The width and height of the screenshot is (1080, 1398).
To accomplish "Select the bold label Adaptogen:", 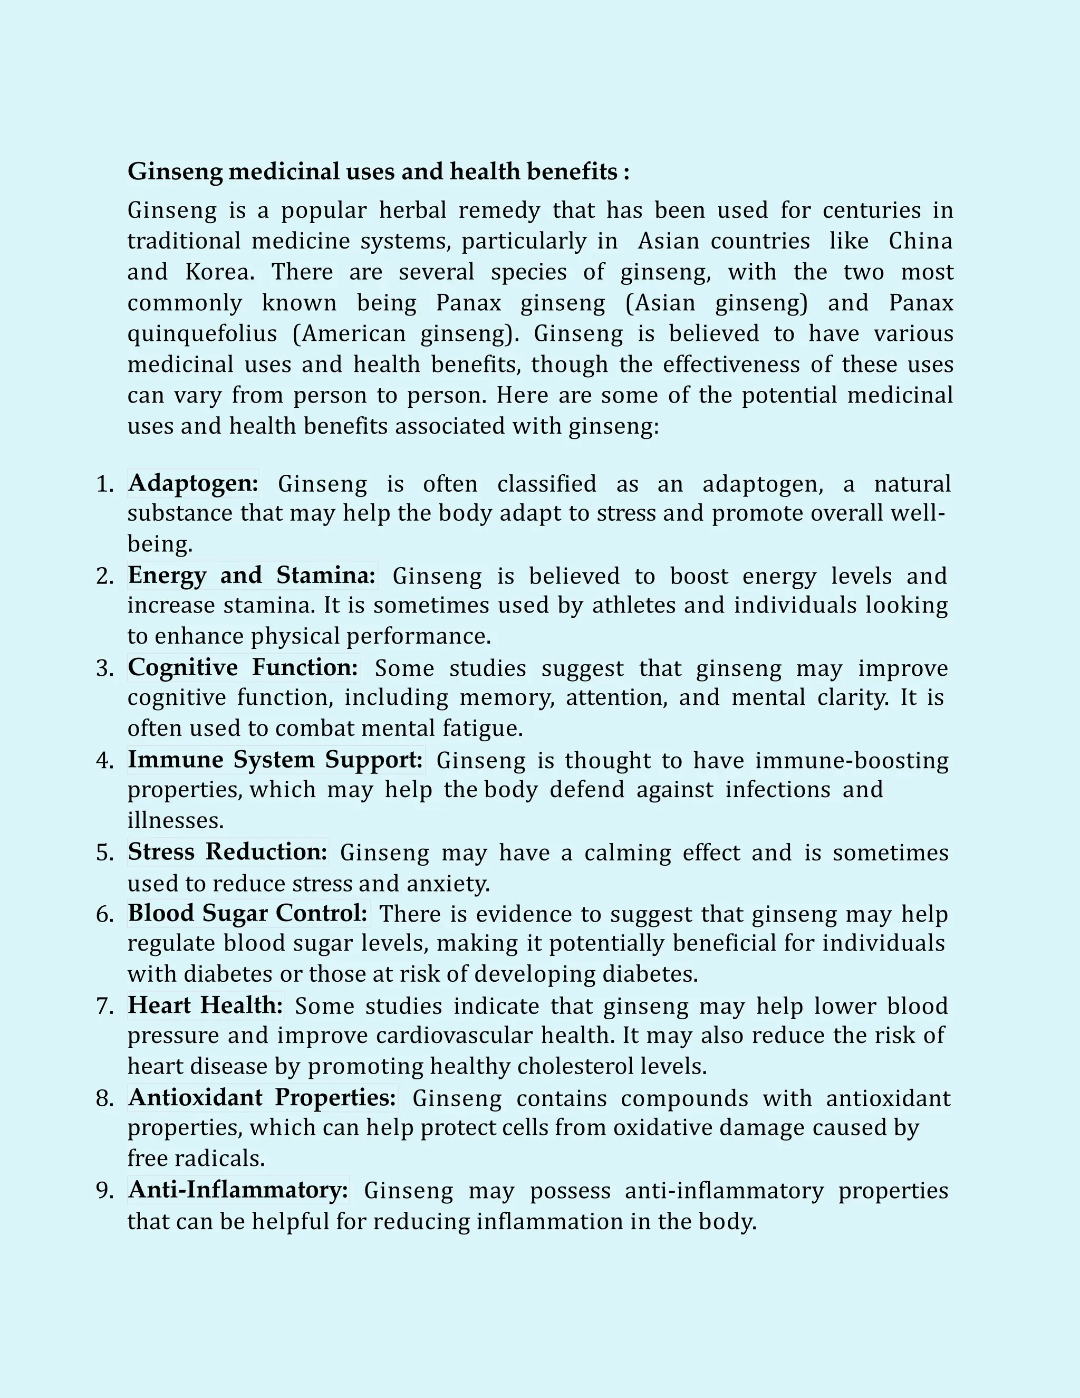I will (193, 483).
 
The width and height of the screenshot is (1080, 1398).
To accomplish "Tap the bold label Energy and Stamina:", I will (252, 576).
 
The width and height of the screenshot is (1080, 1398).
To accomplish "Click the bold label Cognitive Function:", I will (243, 668).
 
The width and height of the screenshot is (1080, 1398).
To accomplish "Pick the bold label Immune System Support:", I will (275, 760).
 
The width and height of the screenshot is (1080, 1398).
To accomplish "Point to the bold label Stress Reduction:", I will (227, 852).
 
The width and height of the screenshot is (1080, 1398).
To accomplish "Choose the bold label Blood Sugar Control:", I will (248, 913).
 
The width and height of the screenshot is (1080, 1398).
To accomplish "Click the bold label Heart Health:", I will (205, 1006).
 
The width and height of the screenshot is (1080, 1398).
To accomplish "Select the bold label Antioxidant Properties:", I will (262, 1098).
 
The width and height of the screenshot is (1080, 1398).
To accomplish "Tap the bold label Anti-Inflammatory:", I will (238, 1190).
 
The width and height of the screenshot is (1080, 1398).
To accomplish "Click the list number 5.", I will (104, 853).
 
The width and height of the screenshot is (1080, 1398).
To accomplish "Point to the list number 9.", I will (104, 1191).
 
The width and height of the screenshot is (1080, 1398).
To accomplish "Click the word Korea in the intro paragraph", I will (219, 272).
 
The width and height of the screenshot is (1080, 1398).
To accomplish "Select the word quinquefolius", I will (202, 334).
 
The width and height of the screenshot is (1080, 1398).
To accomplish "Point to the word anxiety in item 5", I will (448, 884).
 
